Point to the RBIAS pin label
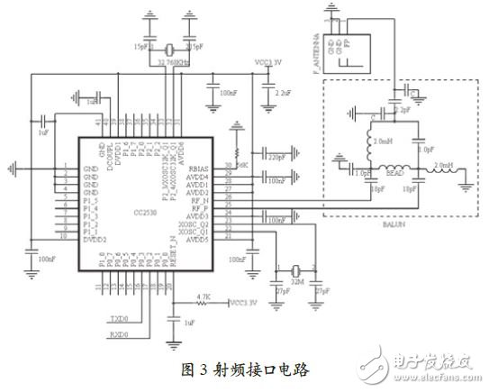click(196, 166)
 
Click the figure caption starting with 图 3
click(245, 369)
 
